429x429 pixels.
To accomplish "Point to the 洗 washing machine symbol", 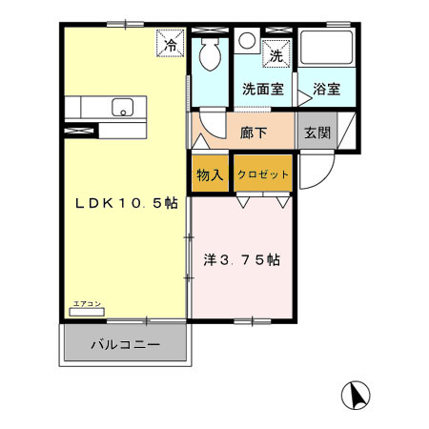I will [276, 55].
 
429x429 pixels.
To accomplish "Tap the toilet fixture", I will [209, 56].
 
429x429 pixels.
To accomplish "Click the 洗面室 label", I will [261, 90].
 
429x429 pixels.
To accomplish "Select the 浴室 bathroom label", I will [327, 90].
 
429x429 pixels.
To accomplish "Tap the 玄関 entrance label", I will [317, 133].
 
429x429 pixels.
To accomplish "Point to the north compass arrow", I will [357, 394].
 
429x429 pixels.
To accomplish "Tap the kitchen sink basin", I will [123, 108].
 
